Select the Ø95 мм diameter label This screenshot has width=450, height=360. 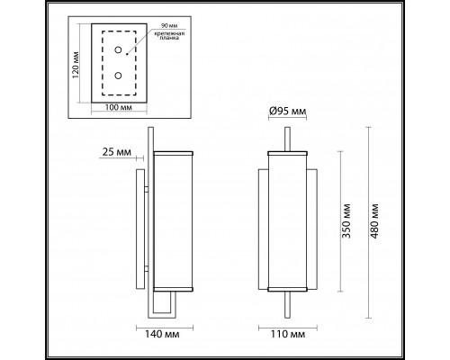click(x=288, y=111)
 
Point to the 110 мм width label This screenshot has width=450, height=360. click(x=287, y=336)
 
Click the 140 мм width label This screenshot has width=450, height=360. click(x=159, y=336)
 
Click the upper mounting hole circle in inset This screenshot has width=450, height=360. click(x=117, y=49)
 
